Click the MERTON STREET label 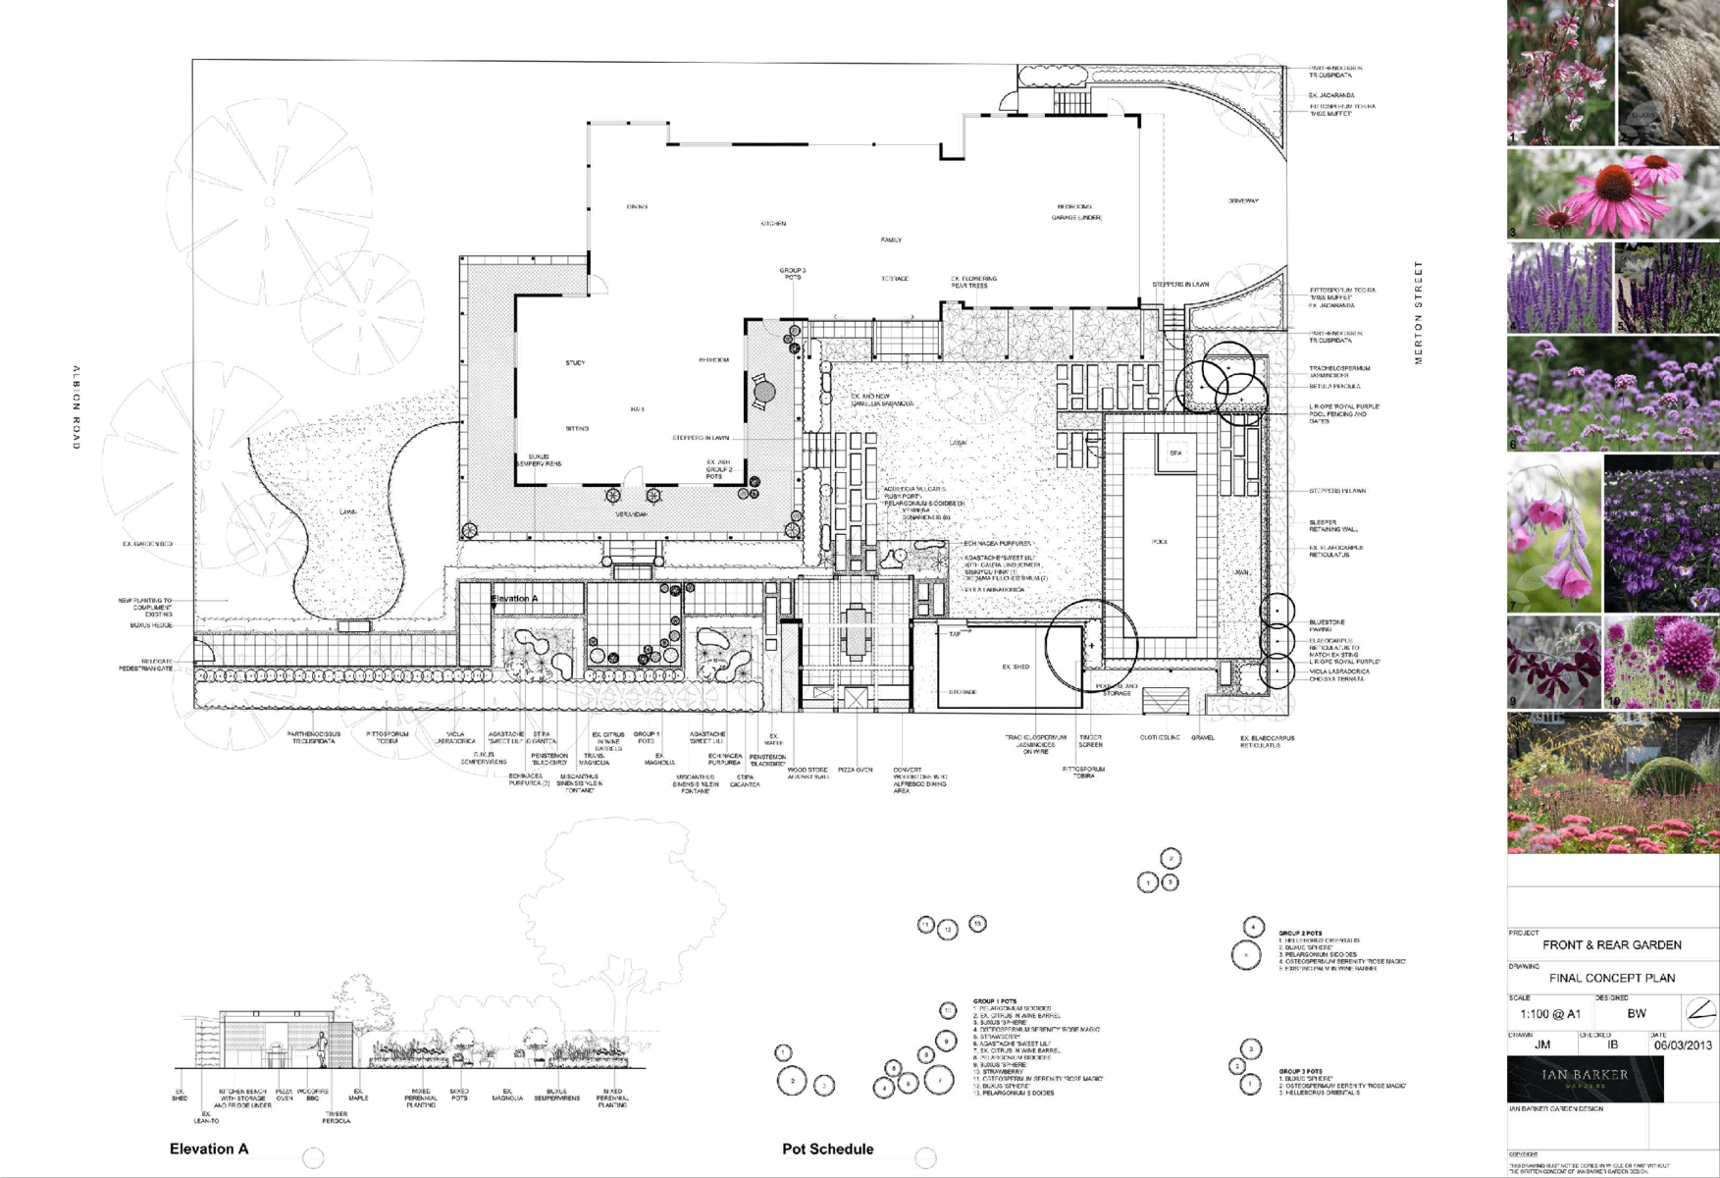(x=1418, y=313)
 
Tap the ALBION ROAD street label (x=77, y=407)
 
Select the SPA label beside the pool (x=1175, y=453)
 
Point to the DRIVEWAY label (x=1243, y=201)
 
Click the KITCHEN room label (x=773, y=224)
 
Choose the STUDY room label (x=575, y=363)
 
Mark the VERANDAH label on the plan (x=631, y=514)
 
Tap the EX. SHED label (x=1016, y=667)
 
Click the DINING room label (x=637, y=207)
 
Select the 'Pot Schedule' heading (x=827, y=1149)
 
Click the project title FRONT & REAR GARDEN (x=1611, y=945)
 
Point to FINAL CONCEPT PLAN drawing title (x=1611, y=978)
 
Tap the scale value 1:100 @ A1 (x=1550, y=1014)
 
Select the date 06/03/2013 (x=1683, y=1045)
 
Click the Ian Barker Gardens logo (x=1585, y=1079)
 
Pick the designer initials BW (x=1637, y=1014)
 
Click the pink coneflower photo (x=1613, y=193)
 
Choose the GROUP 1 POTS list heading (x=994, y=1001)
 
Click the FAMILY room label (x=891, y=241)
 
